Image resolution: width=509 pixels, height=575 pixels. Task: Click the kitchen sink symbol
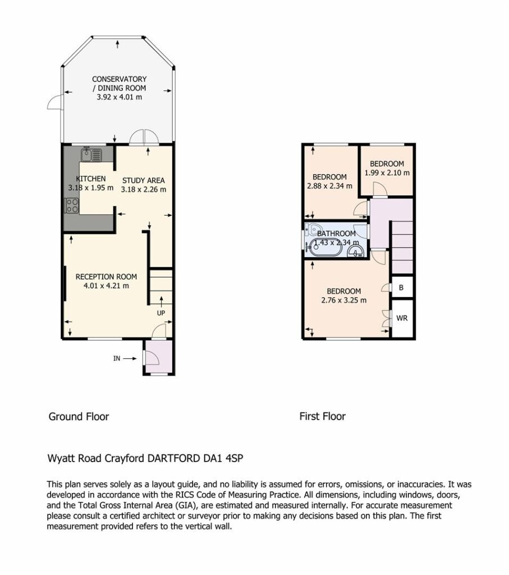point(91,154)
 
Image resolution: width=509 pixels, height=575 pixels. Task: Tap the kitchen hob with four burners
point(71,206)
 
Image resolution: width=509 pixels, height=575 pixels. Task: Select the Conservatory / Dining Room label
point(119,84)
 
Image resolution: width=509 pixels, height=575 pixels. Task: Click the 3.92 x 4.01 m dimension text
point(119,97)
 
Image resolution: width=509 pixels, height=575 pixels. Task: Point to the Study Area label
point(143,180)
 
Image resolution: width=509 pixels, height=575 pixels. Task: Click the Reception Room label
point(106,277)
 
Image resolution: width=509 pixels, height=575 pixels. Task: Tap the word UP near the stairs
point(161,313)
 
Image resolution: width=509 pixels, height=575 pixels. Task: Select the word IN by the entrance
point(117,358)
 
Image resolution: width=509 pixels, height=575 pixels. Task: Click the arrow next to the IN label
point(130,358)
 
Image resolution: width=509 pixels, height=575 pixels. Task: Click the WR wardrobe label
point(402,318)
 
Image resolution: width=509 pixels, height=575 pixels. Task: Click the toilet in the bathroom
point(313,230)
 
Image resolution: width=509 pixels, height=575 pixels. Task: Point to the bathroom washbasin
point(355,251)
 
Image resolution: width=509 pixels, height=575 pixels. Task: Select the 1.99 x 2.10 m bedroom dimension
point(387,173)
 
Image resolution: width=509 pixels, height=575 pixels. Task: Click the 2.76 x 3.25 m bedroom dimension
point(344,300)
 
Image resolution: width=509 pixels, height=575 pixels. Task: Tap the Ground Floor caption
point(79,417)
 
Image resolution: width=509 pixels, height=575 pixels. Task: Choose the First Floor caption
point(323,416)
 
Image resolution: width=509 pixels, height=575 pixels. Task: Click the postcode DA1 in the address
point(212,458)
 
